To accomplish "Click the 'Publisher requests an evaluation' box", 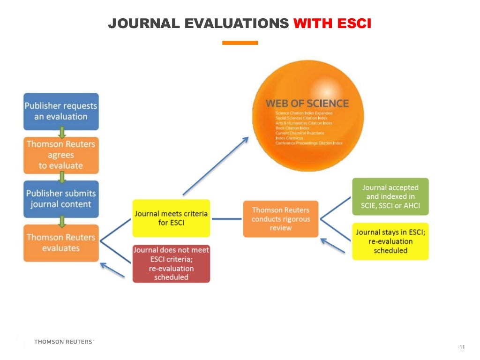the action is [x=61, y=111].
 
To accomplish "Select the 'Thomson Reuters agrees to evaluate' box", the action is [x=61, y=155].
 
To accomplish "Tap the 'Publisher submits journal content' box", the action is [x=61, y=199].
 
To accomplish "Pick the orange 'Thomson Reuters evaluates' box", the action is [x=61, y=243].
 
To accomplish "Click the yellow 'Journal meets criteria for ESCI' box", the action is [x=171, y=218].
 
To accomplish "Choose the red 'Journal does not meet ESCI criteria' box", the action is [x=171, y=263].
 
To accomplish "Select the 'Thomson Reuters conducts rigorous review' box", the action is [x=281, y=219].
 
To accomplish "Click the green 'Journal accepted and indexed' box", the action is [x=390, y=196].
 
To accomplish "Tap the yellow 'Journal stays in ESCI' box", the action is [x=390, y=241].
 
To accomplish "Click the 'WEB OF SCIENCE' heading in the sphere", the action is [x=307, y=104].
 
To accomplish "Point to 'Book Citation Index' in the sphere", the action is [x=292, y=128].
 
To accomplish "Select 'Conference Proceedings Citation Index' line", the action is [x=309, y=143].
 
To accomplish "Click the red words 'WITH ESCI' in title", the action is [x=332, y=23].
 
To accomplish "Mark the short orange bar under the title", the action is [x=240, y=43].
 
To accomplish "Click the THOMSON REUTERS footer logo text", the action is [x=64, y=342].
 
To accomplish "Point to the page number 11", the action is [x=462, y=347].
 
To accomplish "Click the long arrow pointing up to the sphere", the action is [x=215, y=166].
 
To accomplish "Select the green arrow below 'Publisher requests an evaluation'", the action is [x=61, y=133].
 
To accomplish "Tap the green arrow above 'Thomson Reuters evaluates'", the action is [x=61, y=221].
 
